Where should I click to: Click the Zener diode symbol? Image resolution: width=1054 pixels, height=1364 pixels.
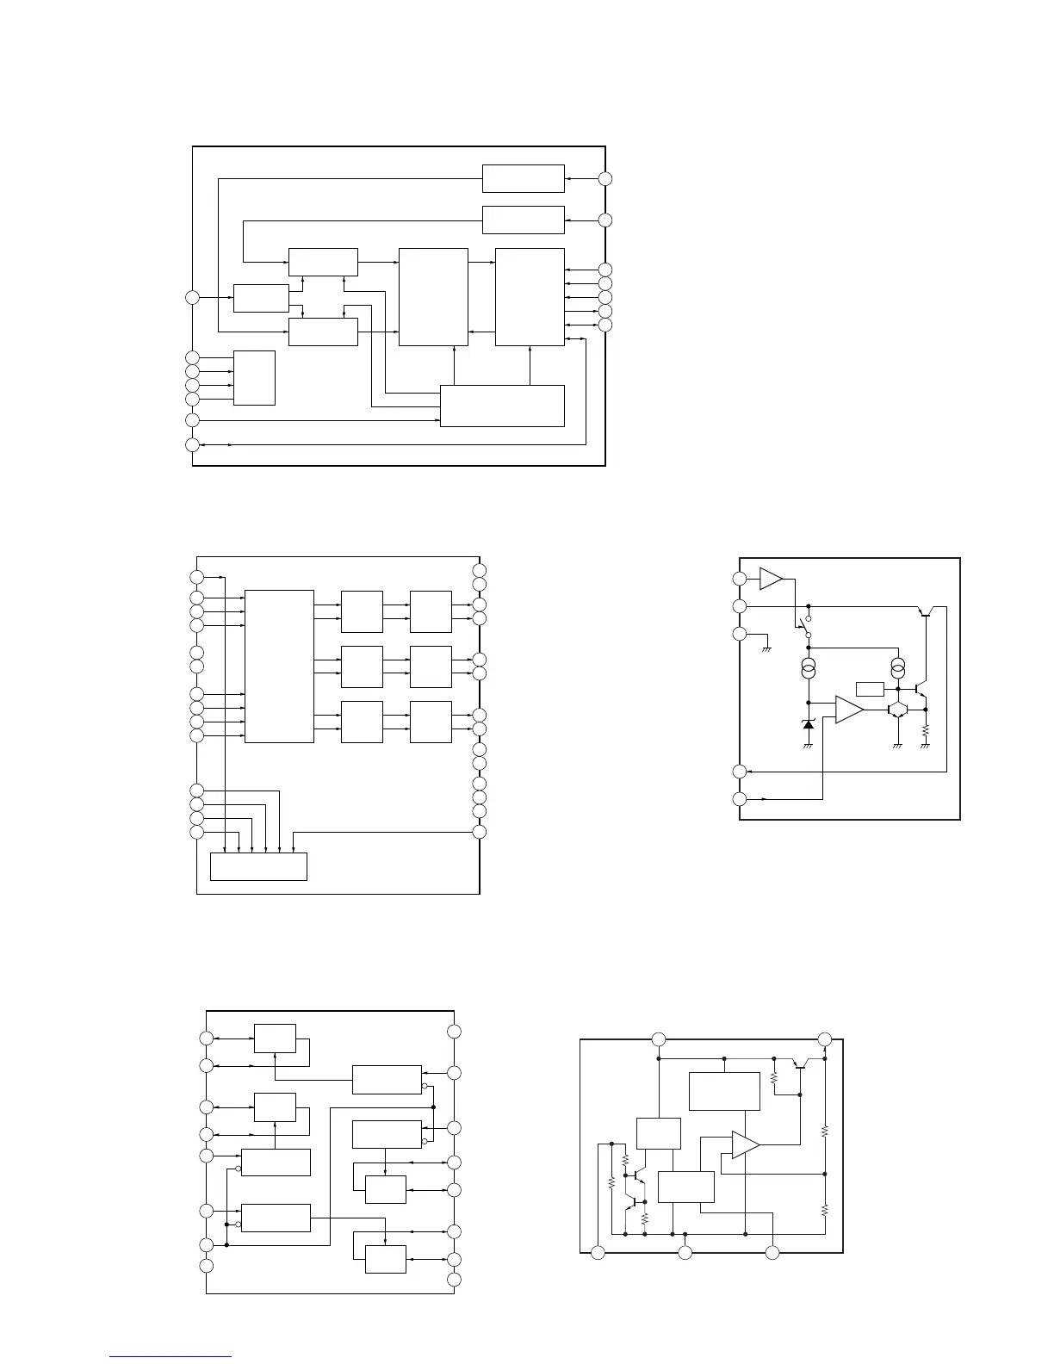[x=808, y=724]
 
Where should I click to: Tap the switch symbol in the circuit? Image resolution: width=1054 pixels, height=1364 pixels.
[x=804, y=627]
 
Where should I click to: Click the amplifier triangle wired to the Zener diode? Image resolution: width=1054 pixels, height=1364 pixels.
[x=848, y=710]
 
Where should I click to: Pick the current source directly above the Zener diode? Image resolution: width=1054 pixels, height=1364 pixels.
[x=808, y=668]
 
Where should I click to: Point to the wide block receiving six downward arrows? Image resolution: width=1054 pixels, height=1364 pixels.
[x=258, y=866]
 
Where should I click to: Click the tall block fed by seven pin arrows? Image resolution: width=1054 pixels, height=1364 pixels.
[x=279, y=666]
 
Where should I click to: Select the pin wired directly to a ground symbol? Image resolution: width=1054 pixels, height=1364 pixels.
[x=740, y=635]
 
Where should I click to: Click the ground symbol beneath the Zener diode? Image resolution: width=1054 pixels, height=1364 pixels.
[x=808, y=746]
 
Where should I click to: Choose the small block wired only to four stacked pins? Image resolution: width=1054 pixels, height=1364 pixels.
[x=254, y=377]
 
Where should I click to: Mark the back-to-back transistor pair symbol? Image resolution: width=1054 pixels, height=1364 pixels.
[x=898, y=710]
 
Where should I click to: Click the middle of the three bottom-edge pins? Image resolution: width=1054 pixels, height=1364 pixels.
[x=685, y=1252]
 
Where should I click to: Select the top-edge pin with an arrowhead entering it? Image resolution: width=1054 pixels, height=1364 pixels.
[x=824, y=1038]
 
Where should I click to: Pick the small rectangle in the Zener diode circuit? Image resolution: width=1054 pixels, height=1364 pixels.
[x=871, y=689]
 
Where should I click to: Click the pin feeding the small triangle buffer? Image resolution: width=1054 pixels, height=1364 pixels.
[x=740, y=579]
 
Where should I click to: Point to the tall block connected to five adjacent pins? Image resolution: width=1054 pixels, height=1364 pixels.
[x=530, y=297]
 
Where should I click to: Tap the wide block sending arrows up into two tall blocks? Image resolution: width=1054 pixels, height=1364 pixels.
[x=502, y=406]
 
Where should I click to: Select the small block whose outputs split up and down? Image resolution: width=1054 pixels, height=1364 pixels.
[x=261, y=298]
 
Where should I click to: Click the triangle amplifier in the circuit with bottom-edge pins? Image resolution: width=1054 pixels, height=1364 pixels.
[x=745, y=1144]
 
